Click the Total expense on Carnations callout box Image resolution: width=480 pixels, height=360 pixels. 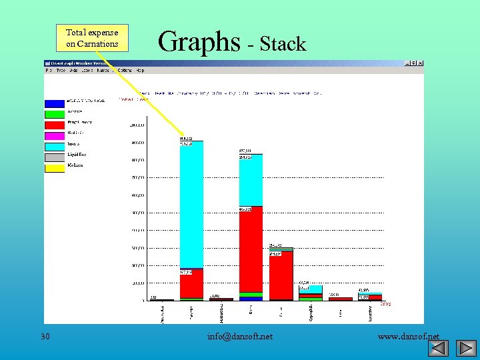coord(92,38)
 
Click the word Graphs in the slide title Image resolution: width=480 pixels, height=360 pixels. coord(199,42)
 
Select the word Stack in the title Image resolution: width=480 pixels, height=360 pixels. coord(283,45)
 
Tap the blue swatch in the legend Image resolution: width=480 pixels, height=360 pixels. coord(55,103)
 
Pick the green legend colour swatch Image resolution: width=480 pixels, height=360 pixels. coord(55,114)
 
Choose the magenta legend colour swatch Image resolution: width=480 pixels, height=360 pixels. coord(55,135)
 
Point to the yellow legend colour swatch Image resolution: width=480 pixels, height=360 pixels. coord(55,168)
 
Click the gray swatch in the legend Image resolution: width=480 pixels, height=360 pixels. coord(55,157)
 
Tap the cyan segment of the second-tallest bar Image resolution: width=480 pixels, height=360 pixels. coord(251,180)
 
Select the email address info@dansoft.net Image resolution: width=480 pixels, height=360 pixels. coord(240,336)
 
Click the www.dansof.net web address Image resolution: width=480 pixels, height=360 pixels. coord(408,336)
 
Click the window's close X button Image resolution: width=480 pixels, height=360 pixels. coord(420,63)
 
